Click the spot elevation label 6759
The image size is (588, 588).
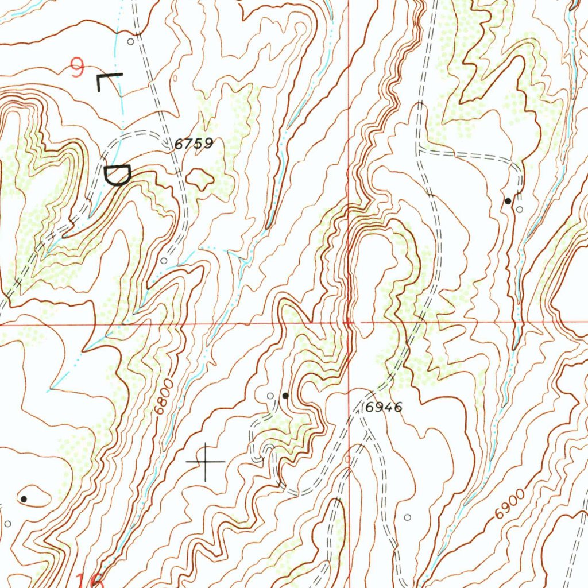[x=194, y=144]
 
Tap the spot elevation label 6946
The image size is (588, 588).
[x=384, y=407]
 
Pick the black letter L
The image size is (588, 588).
[x=109, y=82]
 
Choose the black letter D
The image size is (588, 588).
[x=118, y=175]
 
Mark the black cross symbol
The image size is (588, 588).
[x=206, y=462]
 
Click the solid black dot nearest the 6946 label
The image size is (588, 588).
[x=285, y=396]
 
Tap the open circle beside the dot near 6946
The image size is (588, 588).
[x=271, y=396]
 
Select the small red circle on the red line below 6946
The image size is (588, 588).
[x=348, y=459]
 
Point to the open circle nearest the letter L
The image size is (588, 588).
[x=130, y=42]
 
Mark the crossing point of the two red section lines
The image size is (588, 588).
[x=350, y=323]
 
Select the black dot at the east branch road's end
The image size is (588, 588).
[x=508, y=201]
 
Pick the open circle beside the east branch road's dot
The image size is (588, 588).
[x=519, y=210]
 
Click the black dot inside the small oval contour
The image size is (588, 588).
[x=24, y=499]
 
